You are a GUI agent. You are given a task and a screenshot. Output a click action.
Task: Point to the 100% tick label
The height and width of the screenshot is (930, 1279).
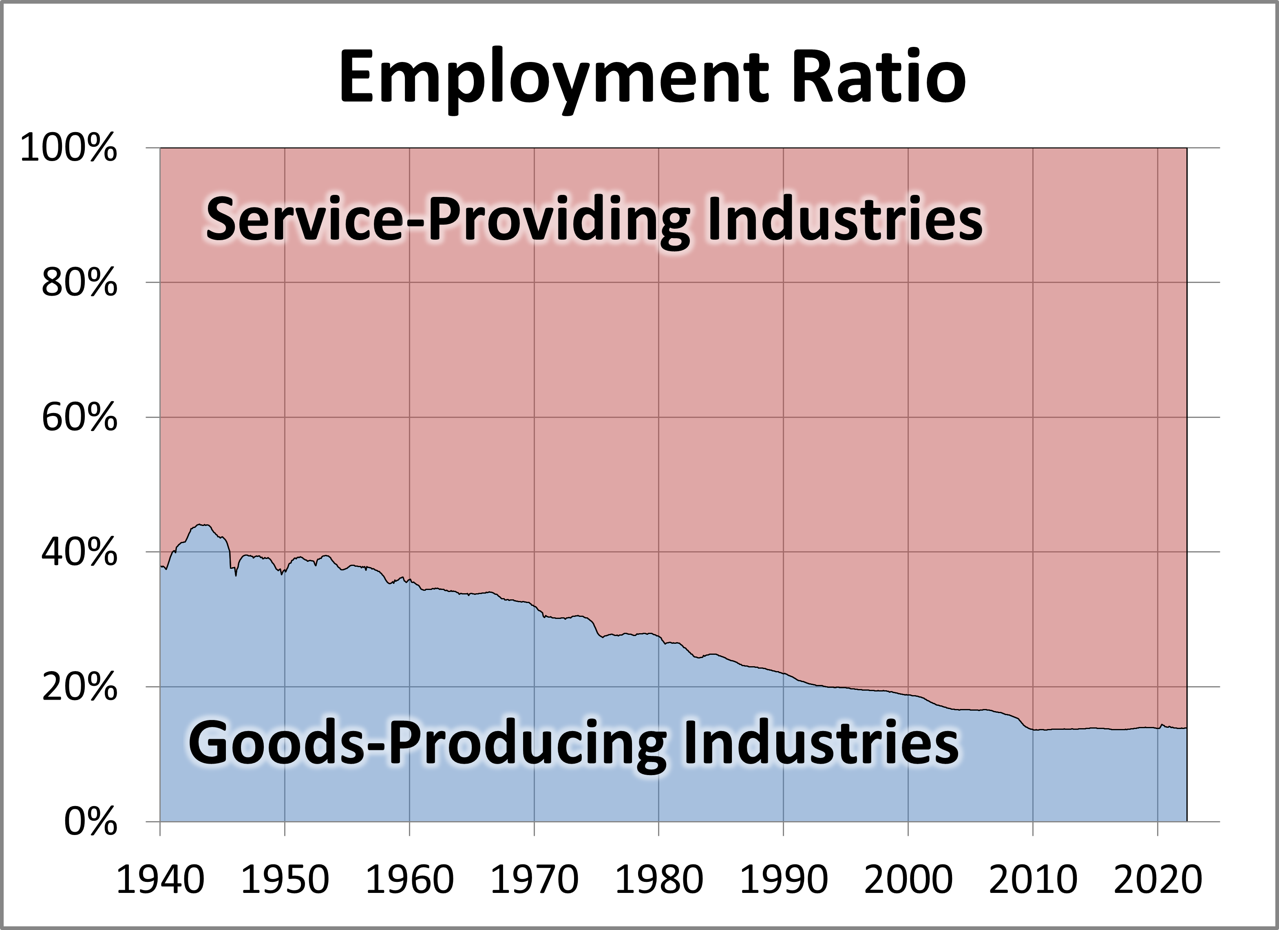[69, 150]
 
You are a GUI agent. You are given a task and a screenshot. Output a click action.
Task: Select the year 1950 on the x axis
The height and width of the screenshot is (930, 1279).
[285, 879]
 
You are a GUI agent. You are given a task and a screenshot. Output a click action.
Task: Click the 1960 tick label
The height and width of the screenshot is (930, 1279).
[409, 879]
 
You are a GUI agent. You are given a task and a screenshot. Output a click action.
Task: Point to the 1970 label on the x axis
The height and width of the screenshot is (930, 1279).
[535, 879]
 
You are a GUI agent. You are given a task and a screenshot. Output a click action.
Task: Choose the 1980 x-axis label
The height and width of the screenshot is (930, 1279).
[659, 879]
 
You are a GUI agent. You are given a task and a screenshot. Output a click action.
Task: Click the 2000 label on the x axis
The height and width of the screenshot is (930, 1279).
[908, 879]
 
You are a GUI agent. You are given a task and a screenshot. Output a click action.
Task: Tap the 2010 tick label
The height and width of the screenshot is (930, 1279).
[1033, 879]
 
